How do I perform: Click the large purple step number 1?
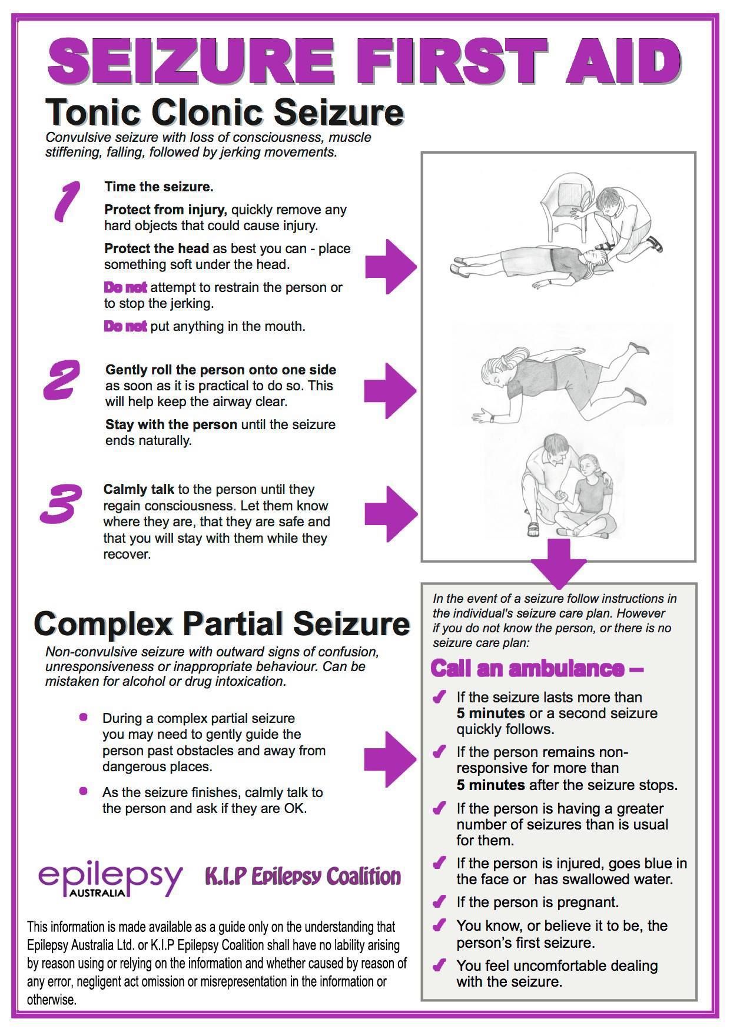click(x=66, y=202)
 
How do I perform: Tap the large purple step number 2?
click(x=61, y=380)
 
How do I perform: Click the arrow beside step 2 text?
click(x=389, y=390)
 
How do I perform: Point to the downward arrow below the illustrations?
click(x=559, y=562)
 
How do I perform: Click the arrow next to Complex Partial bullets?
click(x=389, y=759)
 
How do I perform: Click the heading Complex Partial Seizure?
click(x=221, y=623)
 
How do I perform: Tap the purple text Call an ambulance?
click(x=536, y=669)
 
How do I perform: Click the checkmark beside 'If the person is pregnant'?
click(x=439, y=902)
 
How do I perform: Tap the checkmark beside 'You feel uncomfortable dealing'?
click(x=439, y=965)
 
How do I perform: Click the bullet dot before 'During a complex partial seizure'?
click(x=84, y=717)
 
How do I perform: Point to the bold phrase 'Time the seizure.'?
click(x=158, y=187)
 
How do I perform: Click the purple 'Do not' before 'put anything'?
click(x=125, y=326)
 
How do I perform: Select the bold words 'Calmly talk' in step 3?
click(x=138, y=489)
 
